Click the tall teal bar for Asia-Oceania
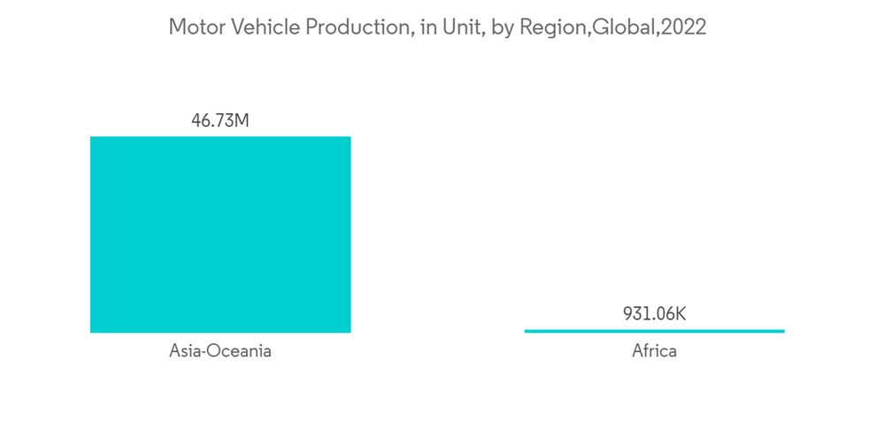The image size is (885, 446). coord(220,235)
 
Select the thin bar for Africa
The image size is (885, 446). coord(654,331)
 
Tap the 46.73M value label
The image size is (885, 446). coord(220,120)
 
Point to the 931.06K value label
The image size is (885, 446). coord(654,314)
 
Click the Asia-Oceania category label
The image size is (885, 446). coord(220,351)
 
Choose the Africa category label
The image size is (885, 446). coord(654,351)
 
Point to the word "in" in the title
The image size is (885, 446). coord(427,27)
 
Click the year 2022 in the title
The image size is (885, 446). coord(682,27)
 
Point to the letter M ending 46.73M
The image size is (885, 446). coord(242,120)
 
